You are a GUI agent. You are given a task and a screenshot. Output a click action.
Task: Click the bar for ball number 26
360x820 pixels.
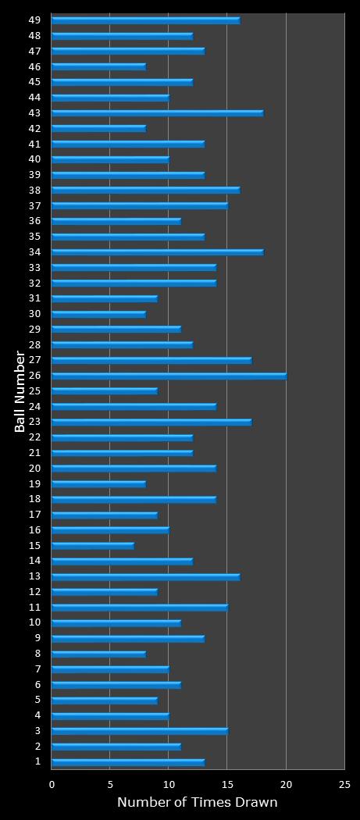click(x=169, y=376)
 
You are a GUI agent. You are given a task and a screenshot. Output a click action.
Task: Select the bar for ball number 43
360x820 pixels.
click(x=157, y=113)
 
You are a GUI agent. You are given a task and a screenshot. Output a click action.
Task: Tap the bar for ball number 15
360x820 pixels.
click(x=93, y=545)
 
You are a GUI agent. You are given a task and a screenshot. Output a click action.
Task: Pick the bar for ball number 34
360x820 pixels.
click(x=157, y=252)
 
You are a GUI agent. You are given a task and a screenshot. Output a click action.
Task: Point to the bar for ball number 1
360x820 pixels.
click(x=128, y=762)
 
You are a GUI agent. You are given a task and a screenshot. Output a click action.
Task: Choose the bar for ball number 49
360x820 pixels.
click(x=145, y=20)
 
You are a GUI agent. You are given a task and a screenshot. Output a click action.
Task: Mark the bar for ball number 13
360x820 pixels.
click(x=145, y=576)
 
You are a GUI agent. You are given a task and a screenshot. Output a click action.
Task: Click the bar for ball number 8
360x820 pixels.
click(x=98, y=654)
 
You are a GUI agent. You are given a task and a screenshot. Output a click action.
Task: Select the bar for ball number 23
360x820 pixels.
click(x=151, y=422)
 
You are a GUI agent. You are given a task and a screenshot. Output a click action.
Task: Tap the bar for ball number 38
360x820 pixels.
click(x=145, y=190)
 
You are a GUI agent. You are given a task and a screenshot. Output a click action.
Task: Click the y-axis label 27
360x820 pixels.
click(x=34, y=359)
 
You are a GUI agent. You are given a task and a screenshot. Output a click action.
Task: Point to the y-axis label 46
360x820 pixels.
click(x=34, y=66)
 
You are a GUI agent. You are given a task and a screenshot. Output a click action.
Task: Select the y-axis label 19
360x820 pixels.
click(x=34, y=483)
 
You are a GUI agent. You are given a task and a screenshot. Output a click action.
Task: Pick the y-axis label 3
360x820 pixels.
click(x=37, y=730)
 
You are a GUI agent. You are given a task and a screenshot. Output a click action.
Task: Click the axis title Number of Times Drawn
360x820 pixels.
click(x=197, y=803)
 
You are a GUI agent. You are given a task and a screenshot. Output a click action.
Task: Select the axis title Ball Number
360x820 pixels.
click(x=20, y=391)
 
